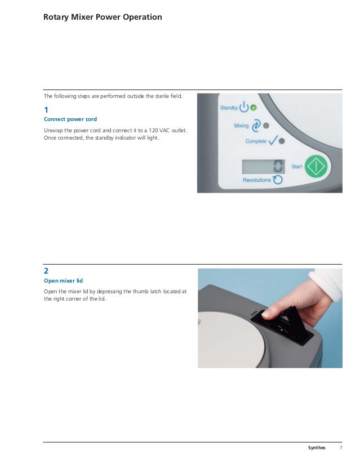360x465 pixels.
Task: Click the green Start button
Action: pos(316,167)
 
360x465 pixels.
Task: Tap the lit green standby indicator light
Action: pos(254,108)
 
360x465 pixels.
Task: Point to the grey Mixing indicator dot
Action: pos(266,126)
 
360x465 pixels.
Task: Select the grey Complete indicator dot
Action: pos(282,141)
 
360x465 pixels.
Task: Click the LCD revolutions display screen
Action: pos(263,167)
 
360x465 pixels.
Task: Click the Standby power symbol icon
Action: pos(244,107)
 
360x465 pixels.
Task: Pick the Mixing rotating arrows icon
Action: pos(256,126)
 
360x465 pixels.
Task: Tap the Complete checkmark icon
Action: pos(273,141)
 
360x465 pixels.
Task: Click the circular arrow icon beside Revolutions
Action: pos(278,180)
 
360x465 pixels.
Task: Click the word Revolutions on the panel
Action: pos(257,180)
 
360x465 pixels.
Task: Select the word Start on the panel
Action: pos(296,167)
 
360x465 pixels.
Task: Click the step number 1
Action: pos(46,110)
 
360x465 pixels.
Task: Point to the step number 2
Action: pos(46,271)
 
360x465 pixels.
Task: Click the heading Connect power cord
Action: pos(70,119)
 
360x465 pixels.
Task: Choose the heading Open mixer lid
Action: pos(63,280)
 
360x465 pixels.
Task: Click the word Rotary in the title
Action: pos(56,17)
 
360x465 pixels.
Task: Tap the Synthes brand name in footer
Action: pos(317,448)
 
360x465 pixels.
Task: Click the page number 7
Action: pos(341,448)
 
